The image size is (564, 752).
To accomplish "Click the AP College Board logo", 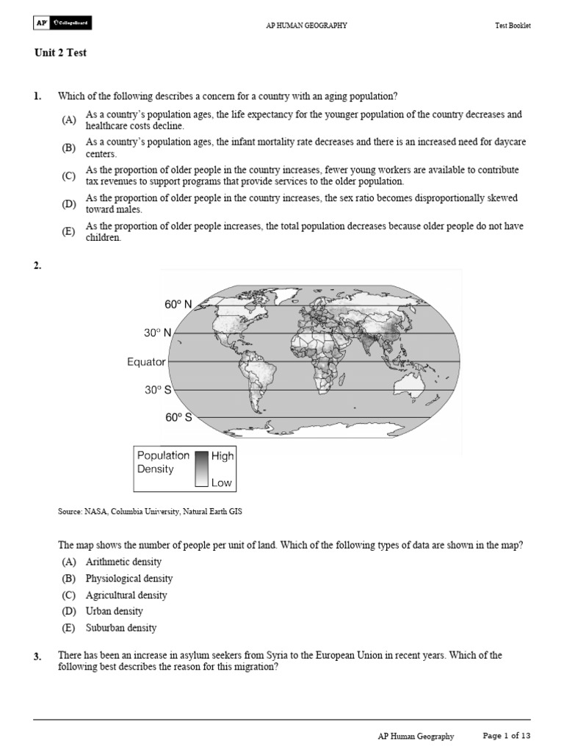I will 62,25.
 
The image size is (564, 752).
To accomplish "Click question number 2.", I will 37,266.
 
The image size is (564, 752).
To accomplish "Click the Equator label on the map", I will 147,362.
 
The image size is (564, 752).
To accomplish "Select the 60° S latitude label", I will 178,418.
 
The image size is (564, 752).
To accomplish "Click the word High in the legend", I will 223,455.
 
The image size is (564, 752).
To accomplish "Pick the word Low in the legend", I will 222,482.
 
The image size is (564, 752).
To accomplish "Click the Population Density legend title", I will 163,462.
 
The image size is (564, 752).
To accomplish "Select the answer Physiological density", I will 129,579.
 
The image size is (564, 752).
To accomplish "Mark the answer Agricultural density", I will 126,595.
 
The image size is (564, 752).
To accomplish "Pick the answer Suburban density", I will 121,628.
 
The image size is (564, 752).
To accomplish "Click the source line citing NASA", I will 149,512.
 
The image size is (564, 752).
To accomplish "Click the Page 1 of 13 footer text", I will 506,736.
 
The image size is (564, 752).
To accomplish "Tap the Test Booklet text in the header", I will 513,26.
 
